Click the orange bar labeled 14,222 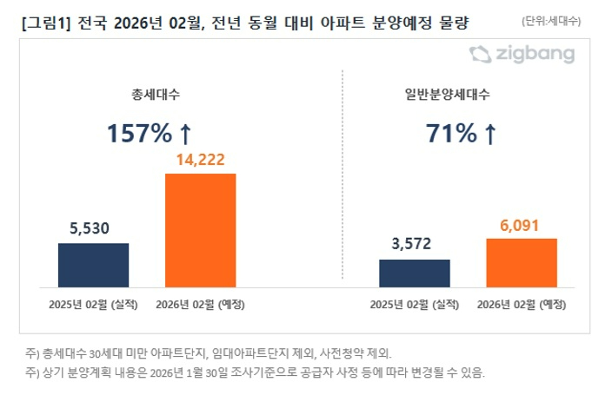click(x=201, y=230)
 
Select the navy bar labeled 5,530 click(x=93, y=265)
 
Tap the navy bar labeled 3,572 click(x=415, y=273)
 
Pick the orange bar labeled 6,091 click(x=522, y=262)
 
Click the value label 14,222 click(x=201, y=160)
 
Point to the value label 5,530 click(x=93, y=229)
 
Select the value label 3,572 click(x=415, y=245)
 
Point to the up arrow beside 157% click(x=184, y=134)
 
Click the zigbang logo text click(x=536, y=55)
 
